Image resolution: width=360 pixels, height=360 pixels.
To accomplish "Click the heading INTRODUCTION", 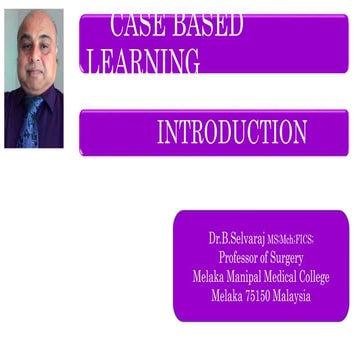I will (x=232, y=131).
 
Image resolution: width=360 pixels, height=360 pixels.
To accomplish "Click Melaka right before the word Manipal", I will (x=210, y=276).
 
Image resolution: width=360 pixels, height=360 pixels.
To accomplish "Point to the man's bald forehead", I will (x=35, y=27).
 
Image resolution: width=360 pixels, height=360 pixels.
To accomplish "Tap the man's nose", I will (x=35, y=55).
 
